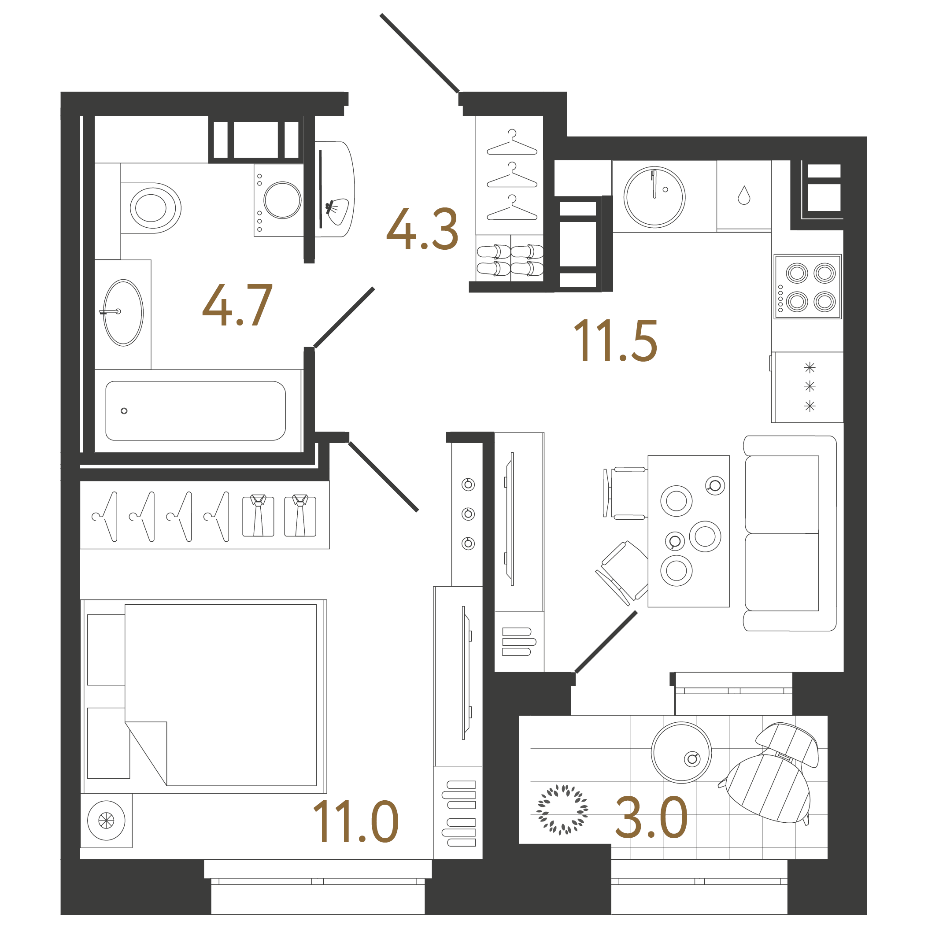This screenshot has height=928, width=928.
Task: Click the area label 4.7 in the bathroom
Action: [237, 305]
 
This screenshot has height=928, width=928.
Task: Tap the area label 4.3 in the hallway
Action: [422, 229]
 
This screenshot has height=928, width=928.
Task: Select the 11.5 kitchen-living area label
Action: [615, 341]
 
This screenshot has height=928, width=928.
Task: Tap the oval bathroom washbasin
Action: [123, 313]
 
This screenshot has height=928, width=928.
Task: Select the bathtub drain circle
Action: [124, 410]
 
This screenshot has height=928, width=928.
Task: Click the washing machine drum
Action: [282, 200]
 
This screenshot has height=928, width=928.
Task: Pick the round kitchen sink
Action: [654, 197]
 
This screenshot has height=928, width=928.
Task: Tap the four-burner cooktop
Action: [807, 287]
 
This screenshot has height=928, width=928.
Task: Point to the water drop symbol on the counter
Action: [743, 196]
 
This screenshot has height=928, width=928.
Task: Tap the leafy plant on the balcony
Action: [562, 810]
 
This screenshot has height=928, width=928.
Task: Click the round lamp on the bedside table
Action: [106, 821]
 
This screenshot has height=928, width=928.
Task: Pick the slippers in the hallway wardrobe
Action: [510, 260]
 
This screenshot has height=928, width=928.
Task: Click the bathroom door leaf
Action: [344, 317]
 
